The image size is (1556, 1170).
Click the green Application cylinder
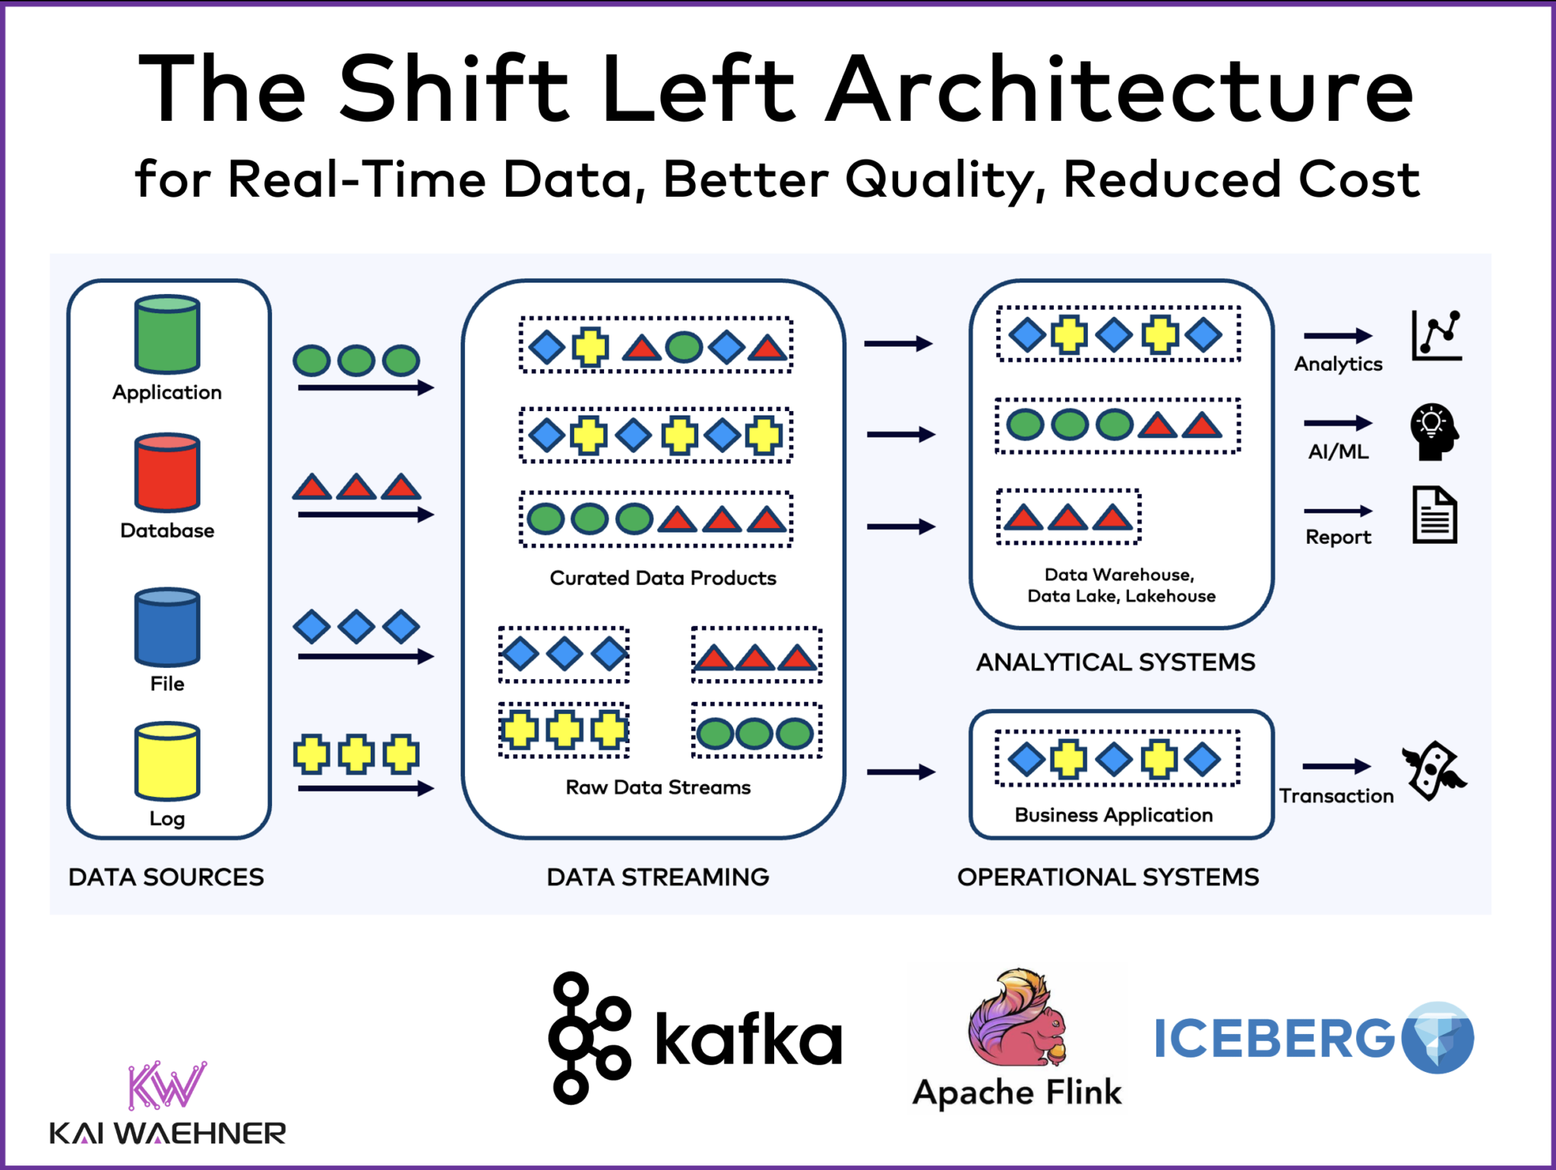tap(167, 335)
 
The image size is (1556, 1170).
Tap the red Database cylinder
tap(167, 473)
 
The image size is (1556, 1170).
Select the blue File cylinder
tap(167, 628)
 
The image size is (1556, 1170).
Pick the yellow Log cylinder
tap(167, 761)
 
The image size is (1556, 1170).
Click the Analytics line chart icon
tap(1436, 335)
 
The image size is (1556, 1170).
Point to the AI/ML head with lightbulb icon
tap(1434, 432)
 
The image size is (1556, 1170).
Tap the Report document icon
tap(1434, 515)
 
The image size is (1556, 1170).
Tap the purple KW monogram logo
tap(167, 1085)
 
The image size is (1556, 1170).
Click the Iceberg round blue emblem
tap(1437, 1038)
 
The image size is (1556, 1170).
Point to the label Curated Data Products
tap(663, 578)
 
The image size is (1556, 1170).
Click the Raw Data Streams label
tap(658, 787)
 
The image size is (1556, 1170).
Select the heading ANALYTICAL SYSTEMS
tap(1115, 662)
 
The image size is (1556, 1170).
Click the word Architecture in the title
tap(1120, 90)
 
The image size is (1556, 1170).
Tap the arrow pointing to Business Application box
tap(900, 772)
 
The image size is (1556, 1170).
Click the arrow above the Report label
tap(1338, 511)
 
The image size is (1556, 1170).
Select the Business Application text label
tap(1114, 815)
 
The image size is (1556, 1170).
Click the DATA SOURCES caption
tap(166, 877)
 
